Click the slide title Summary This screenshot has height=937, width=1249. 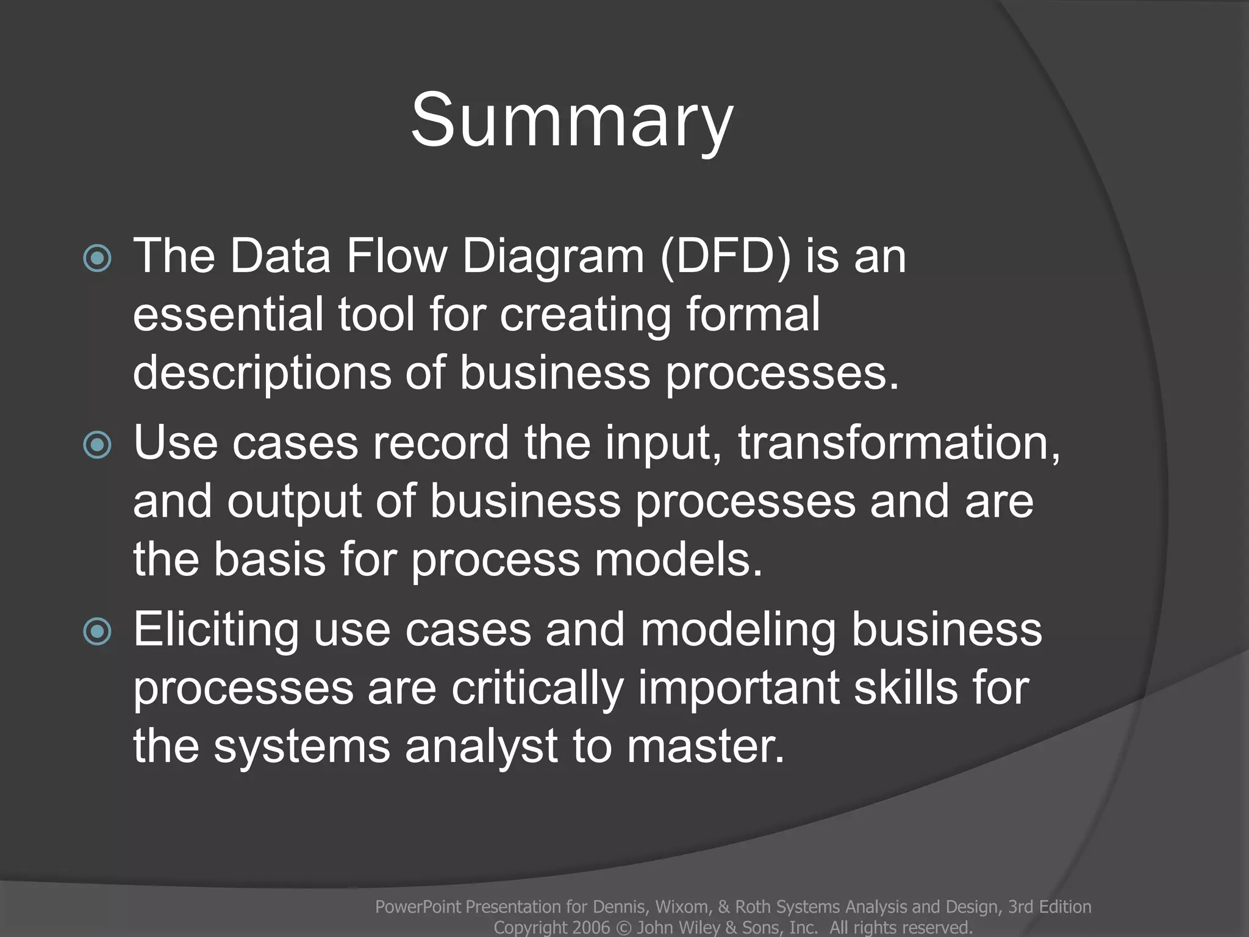[x=571, y=121]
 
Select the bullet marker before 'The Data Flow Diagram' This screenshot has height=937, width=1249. [x=98, y=258]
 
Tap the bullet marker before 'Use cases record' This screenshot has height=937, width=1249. [x=98, y=445]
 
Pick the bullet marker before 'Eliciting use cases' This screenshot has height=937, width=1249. [x=98, y=631]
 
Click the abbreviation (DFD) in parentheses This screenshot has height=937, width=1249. [x=725, y=256]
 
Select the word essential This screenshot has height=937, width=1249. [x=228, y=314]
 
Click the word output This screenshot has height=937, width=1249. [x=295, y=502]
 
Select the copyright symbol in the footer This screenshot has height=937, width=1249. [x=623, y=927]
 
